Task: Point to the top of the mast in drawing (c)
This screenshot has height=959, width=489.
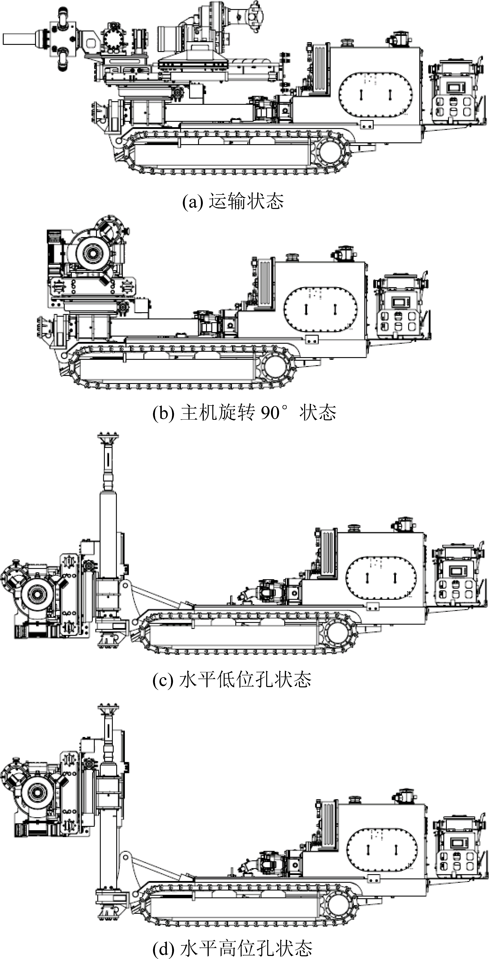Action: point(108,436)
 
